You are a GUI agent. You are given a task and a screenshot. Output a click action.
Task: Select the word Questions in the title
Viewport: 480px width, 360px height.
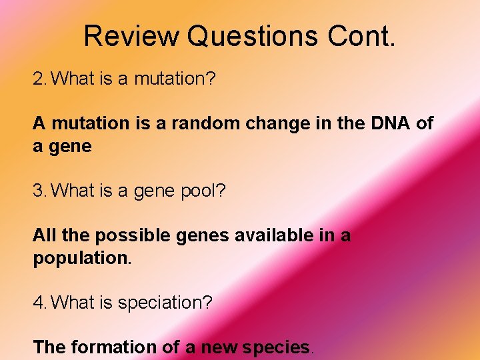253,37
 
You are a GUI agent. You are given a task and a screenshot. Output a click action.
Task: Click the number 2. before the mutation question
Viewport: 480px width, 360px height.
40,79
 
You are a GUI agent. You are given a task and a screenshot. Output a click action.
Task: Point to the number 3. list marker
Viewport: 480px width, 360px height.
40,191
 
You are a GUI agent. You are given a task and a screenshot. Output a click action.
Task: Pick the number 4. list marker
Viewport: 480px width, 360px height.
40,303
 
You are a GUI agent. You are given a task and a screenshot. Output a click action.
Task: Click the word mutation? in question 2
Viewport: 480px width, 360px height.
175,79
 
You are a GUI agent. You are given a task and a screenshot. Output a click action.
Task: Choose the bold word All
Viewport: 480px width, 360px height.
44,235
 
